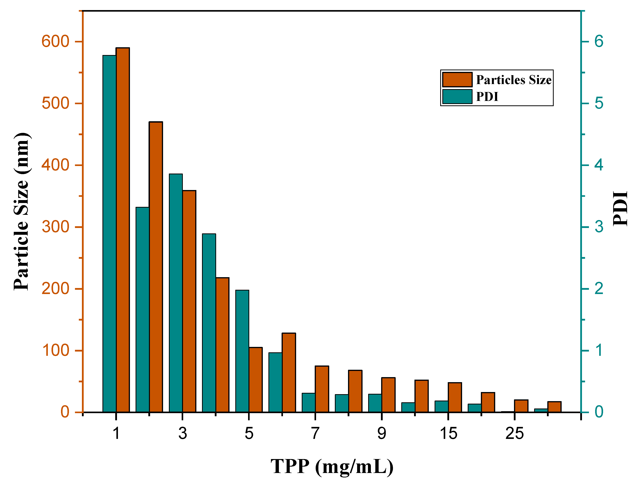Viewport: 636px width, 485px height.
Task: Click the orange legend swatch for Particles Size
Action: tap(457, 80)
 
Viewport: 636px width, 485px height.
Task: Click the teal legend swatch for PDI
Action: tap(457, 96)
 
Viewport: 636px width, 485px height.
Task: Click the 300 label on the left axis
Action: tap(55, 227)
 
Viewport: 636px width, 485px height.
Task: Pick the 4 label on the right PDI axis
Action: tap(599, 165)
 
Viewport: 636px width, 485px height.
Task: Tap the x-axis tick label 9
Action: tap(382, 433)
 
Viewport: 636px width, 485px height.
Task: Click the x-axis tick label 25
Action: tap(514, 433)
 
